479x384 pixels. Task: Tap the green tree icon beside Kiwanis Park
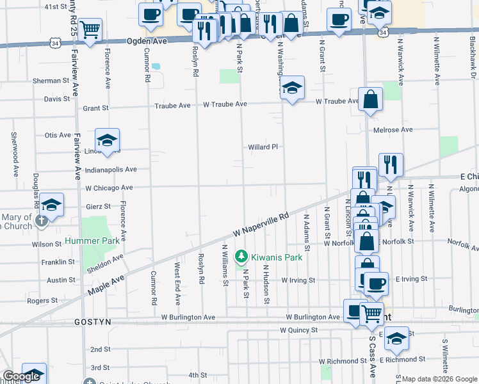pos(241,257)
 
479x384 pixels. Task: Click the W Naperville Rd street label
pos(261,225)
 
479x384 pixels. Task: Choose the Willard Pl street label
pos(264,147)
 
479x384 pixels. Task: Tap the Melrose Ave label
pos(393,130)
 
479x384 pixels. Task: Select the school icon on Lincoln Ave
pos(108,140)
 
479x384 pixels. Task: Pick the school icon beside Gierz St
pos(52,204)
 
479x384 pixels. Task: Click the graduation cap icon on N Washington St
pos(292,88)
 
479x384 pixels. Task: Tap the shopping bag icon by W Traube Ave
pos(370,99)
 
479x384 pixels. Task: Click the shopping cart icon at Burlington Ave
pos(371,313)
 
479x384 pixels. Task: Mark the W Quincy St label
pos(299,330)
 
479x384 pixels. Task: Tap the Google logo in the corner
pos(21,377)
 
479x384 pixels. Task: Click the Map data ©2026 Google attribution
pos(439,379)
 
